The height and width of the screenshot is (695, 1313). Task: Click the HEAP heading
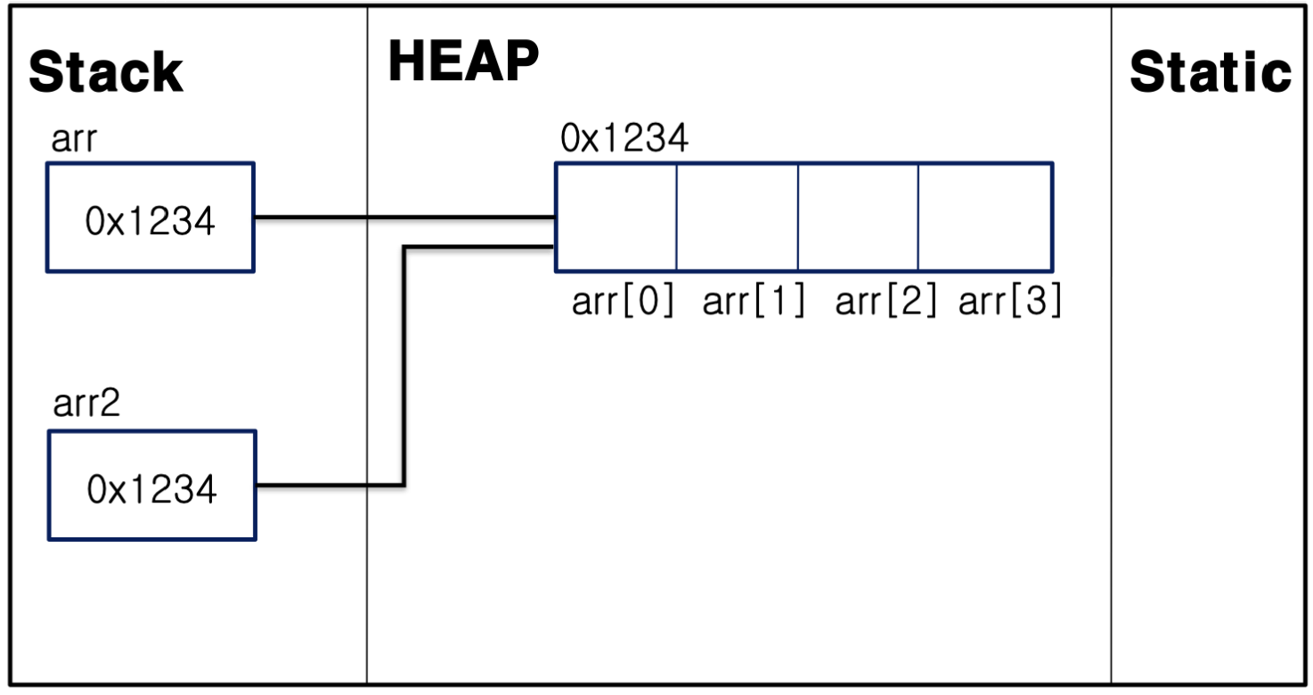463,62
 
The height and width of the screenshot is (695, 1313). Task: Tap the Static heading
1210,72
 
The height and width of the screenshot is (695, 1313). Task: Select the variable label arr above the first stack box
73,141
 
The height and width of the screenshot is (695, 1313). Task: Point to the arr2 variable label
86,405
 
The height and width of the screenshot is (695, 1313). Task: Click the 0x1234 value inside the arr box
150,220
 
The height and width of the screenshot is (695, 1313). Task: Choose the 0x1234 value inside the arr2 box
151,489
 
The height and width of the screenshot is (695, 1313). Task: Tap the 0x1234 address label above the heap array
624,139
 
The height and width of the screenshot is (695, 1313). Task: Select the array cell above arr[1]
737,217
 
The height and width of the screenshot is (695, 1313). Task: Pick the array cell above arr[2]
858,217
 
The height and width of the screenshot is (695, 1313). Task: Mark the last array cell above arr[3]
985,217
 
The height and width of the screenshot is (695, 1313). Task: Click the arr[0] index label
624,303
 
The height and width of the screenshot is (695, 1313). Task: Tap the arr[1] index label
754,303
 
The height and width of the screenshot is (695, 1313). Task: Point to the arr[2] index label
885,303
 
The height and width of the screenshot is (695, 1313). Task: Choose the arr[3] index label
1010,303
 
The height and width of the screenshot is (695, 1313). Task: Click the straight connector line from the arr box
401,217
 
